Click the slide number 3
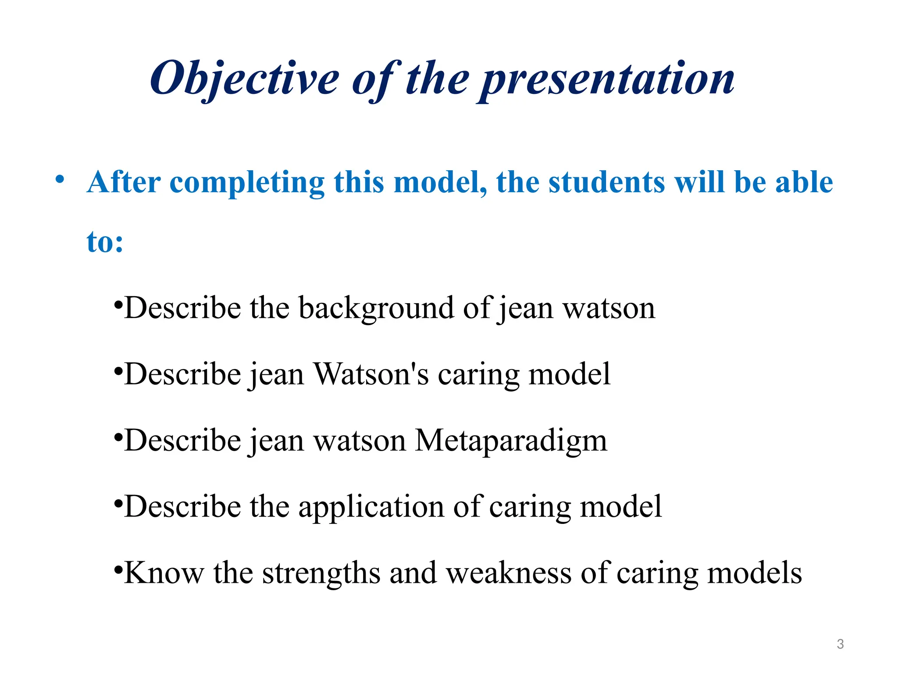coord(840,644)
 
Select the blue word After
coord(124,182)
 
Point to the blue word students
coord(606,182)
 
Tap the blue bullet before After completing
coord(60,179)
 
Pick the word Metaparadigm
coord(511,441)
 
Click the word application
coord(371,507)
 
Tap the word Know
coord(164,573)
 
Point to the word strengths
coord(321,573)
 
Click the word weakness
coord(509,573)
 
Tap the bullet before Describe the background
coord(118,305)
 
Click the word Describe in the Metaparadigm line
coord(182,441)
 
